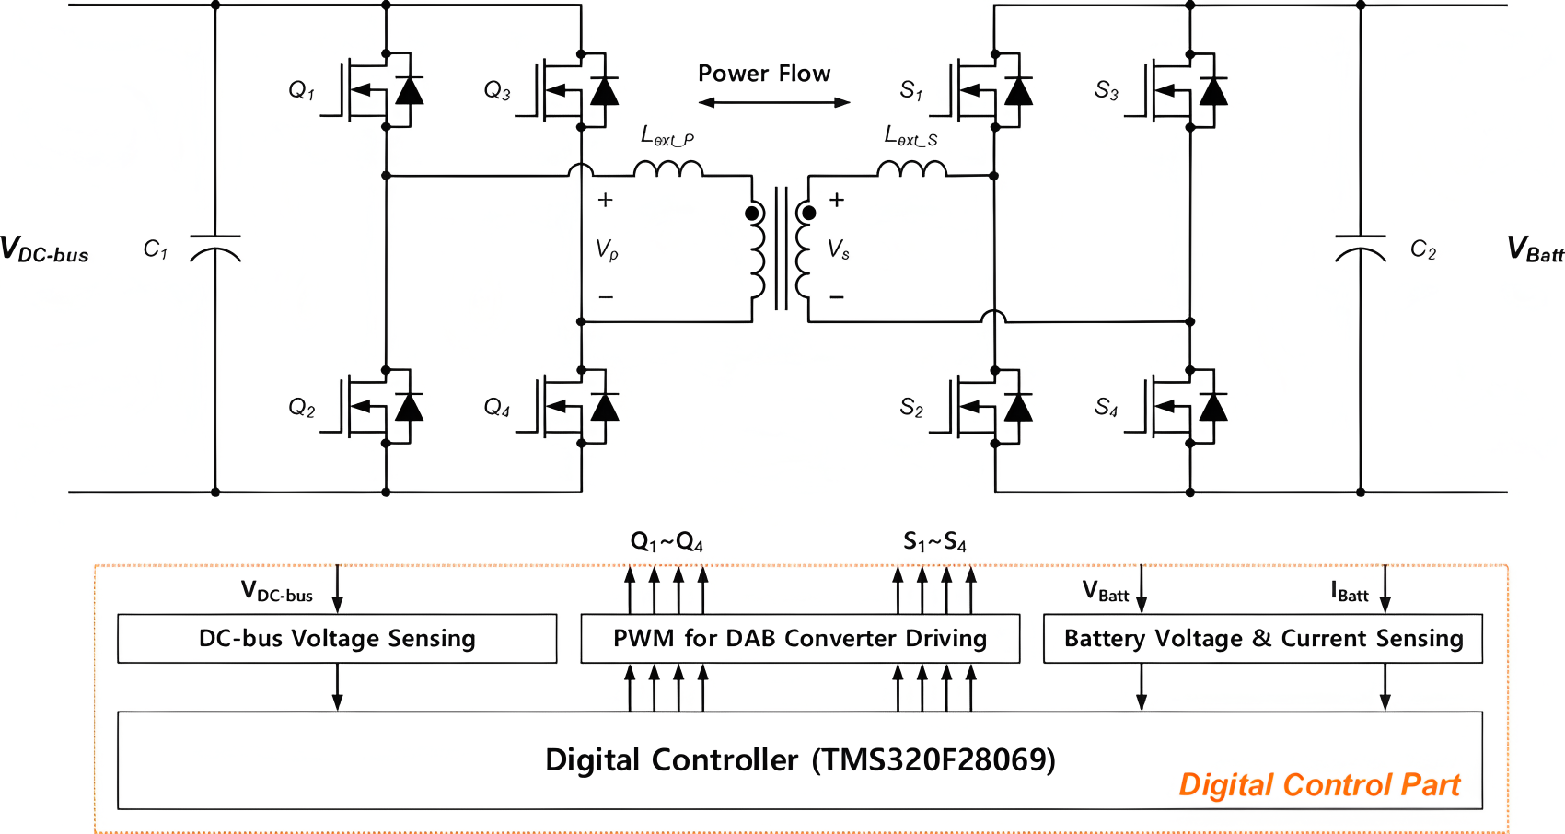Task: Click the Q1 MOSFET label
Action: coord(302,91)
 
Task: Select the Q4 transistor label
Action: coord(497,407)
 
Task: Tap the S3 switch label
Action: coord(1107,91)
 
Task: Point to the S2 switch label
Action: coord(911,407)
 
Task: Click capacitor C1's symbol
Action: coord(215,249)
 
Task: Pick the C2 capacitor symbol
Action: coord(1361,249)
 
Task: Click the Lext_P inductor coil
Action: coord(668,168)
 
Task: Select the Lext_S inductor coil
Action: coord(911,168)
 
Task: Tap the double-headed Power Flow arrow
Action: coord(774,103)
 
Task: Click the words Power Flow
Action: coord(764,74)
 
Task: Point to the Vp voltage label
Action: coord(607,249)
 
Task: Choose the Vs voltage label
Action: coord(839,249)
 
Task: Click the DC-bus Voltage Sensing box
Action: coord(338,639)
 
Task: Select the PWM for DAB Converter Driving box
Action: coord(800,639)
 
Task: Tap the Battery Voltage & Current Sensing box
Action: coord(1263,639)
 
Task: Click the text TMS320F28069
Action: coord(933,760)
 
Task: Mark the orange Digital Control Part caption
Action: coord(1319,785)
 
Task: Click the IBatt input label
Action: coord(1349,592)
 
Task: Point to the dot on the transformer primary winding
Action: coord(752,213)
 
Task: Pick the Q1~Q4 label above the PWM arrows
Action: coord(667,542)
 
